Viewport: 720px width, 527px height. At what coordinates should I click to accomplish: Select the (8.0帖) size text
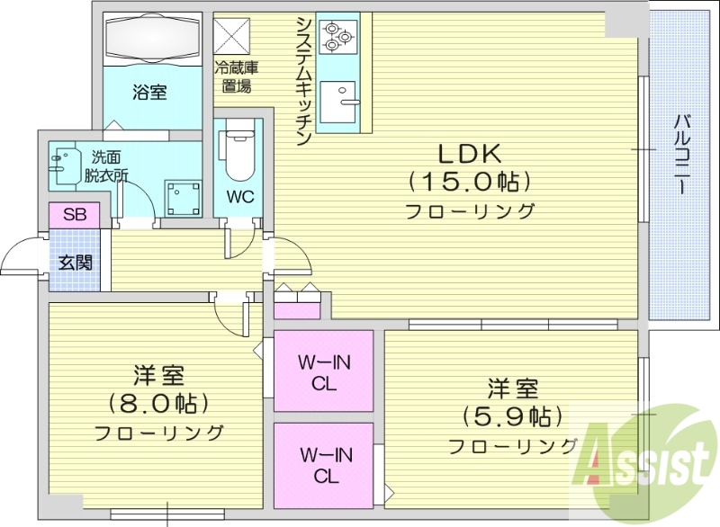(x=158, y=402)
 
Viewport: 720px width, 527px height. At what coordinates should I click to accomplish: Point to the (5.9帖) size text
(x=513, y=416)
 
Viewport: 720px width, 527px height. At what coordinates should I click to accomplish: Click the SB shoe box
(x=68, y=216)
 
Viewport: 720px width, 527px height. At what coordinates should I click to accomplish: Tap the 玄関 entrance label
(x=74, y=263)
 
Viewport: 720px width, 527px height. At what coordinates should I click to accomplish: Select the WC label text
(x=239, y=197)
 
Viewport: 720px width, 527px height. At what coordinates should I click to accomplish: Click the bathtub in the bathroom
(x=149, y=40)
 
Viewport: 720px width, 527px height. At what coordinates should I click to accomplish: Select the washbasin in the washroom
(x=66, y=166)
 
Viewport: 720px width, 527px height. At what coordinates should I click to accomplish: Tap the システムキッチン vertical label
(x=303, y=81)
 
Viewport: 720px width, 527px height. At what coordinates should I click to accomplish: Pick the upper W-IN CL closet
(x=323, y=371)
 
